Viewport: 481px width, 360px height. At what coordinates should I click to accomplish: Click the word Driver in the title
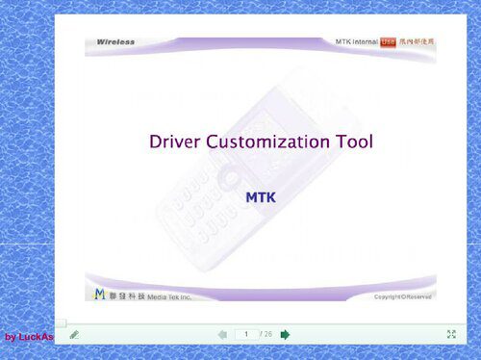176,142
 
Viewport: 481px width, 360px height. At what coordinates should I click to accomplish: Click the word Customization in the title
272,142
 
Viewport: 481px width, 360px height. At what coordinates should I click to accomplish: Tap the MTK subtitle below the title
261,195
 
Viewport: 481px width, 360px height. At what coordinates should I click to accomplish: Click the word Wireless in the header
116,42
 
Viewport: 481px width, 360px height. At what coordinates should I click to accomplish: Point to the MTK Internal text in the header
356,42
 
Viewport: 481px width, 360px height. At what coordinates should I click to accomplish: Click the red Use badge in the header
388,42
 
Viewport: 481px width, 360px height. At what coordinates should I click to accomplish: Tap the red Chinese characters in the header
417,42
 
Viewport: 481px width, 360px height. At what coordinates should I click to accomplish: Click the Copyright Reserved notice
403,296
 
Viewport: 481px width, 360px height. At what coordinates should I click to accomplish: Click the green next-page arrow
286,334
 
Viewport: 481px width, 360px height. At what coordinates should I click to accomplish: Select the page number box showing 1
246,334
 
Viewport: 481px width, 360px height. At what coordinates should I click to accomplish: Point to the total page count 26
267,334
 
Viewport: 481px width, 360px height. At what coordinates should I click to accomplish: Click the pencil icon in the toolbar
74,334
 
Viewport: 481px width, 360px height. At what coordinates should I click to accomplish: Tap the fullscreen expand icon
451,334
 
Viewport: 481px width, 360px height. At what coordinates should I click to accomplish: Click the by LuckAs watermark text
28,337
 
